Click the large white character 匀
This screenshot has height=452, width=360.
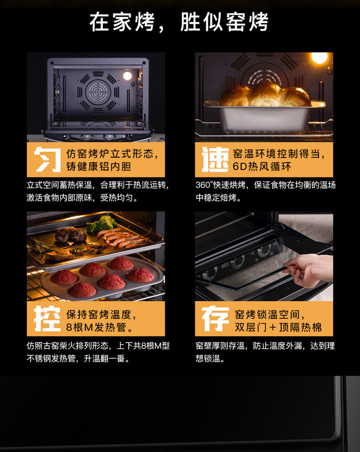pos(47,159)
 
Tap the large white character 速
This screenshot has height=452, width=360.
pos(215,159)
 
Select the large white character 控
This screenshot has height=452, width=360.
pos(47,318)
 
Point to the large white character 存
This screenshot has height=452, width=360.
pos(215,318)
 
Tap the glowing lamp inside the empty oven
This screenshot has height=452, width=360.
pos(127,76)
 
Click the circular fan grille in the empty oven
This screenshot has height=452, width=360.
pos(98,92)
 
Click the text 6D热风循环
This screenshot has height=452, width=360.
pos(262,166)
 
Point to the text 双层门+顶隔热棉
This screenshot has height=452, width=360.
pos(278,327)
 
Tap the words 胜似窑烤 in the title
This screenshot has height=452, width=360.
pos(224,22)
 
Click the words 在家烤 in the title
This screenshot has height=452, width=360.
pos(122,22)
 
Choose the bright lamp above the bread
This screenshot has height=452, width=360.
pos(320,58)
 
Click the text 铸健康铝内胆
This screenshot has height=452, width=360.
pos(99,166)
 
